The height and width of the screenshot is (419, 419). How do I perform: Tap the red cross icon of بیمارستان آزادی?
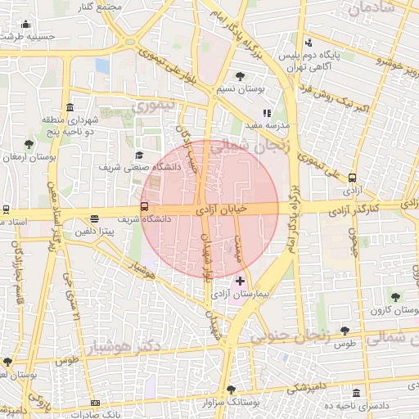(x=239, y=281)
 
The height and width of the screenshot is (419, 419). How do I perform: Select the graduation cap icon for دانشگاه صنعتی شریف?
(x=139, y=155)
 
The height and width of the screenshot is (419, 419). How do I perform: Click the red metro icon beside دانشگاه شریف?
(x=145, y=207)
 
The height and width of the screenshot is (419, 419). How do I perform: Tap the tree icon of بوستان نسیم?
(x=240, y=76)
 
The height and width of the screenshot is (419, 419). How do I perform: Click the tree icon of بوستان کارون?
(x=395, y=297)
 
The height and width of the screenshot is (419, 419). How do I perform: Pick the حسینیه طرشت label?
(x=27, y=36)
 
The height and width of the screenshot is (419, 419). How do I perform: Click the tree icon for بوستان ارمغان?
(x=29, y=145)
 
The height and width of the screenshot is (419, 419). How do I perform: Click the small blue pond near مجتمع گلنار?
(x=101, y=65)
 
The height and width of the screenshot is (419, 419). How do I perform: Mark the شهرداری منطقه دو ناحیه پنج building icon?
(x=70, y=108)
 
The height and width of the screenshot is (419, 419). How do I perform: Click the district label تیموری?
(x=154, y=106)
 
